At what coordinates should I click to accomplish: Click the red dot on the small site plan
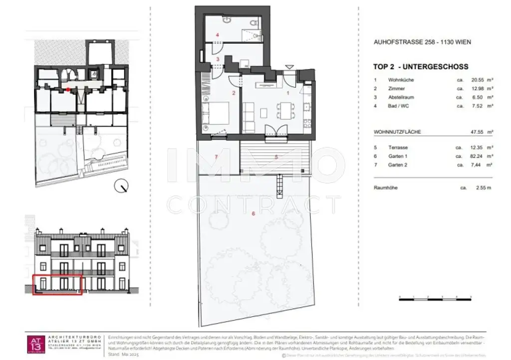(68, 90)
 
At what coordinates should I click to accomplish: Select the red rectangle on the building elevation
(57, 284)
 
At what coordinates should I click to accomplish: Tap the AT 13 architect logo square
(35, 344)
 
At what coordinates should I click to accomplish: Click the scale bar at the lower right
(435, 298)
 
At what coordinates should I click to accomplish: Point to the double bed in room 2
(216, 113)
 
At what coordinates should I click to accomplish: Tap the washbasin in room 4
(227, 20)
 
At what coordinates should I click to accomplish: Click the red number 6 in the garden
(253, 213)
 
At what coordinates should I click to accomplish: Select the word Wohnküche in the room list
(401, 80)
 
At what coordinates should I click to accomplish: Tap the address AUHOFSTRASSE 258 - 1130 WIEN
(422, 42)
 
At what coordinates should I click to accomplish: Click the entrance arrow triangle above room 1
(288, 67)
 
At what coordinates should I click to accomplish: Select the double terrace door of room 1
(276, 130)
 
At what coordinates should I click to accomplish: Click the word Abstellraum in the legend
(402, 97)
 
